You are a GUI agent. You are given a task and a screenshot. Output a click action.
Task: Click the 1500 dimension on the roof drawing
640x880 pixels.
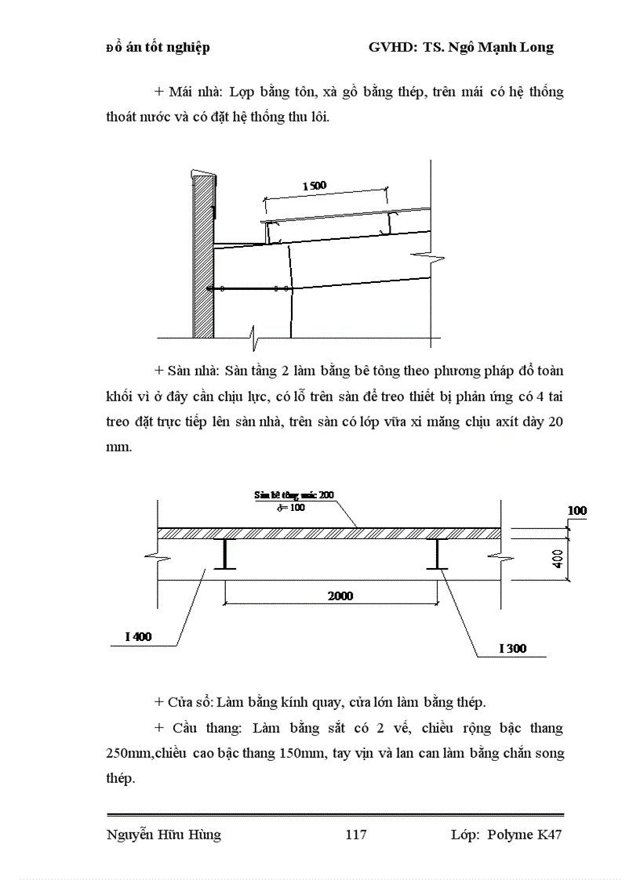click(x=314, y=186)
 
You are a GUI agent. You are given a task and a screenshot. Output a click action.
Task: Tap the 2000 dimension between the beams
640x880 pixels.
click(x=340, y=596)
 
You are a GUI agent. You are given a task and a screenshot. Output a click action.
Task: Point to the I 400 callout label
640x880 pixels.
click(x=138, y=636)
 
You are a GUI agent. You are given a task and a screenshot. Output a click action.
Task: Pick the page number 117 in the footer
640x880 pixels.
click(x=355, y=835)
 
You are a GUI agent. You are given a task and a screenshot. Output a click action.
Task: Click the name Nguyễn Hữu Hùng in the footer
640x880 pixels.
click(x=163, y=835)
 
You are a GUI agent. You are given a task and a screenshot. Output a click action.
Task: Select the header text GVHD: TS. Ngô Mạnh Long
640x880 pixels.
click(x=460, y=47)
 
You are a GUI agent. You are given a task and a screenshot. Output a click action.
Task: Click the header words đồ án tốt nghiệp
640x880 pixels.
click(x=158, y=48)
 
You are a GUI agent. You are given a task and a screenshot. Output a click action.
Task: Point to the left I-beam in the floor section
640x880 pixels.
click(x=226, y=554)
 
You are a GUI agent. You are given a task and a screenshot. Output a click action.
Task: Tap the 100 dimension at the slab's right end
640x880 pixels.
click(x=576, y=511)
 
